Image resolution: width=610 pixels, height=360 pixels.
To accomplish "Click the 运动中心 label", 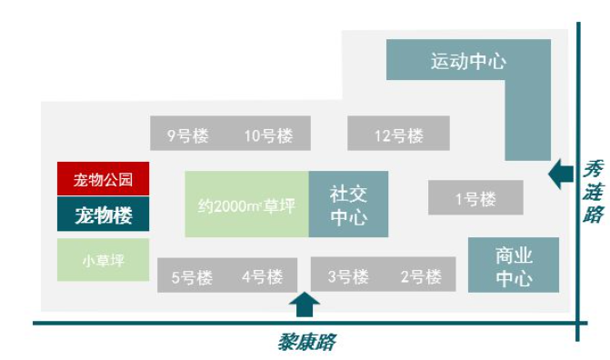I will (x=468, y=62).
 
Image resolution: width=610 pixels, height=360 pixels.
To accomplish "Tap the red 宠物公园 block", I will (x=103, y=179).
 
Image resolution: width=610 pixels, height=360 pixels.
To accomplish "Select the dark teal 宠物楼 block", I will (x=103, y=215).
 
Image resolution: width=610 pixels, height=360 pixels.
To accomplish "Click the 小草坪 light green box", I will (x=103, y=260).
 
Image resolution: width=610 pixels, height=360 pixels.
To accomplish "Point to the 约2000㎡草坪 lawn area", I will (x=246, y=205).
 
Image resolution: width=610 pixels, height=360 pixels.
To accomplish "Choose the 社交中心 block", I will (x=348, y=205).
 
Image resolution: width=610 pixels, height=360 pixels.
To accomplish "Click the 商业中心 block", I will (x=513, y=265).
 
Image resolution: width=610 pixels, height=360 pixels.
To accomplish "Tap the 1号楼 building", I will (x=475, y=198).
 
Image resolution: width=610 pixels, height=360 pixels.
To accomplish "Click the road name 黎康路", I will (x=306, y=342).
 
